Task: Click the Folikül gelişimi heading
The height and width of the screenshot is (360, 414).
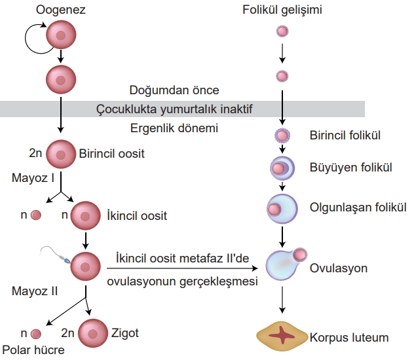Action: click(282, 10)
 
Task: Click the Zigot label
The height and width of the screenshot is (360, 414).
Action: click(126, 333)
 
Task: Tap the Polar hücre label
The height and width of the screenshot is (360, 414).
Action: click(33, 350)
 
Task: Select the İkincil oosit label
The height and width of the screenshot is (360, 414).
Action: click(136, 215)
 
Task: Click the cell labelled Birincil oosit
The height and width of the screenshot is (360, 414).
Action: click(61, 154)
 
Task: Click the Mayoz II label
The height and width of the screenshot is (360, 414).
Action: click(34, 291)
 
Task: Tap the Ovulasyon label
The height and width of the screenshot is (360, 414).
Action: click(339, 268)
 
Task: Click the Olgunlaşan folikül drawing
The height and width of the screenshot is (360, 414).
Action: click(282, 208)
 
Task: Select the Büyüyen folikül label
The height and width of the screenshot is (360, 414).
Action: click(351, 168)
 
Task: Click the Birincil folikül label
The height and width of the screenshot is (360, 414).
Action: click(345, 135)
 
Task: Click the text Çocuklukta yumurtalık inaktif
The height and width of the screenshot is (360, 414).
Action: click(174, 108)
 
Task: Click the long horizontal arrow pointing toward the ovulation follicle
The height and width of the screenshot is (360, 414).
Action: click(183, 267)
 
